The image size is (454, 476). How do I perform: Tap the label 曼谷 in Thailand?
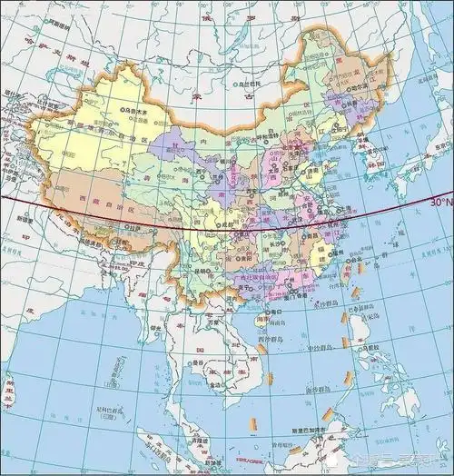pyautogui.click(x=218, y=362)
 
